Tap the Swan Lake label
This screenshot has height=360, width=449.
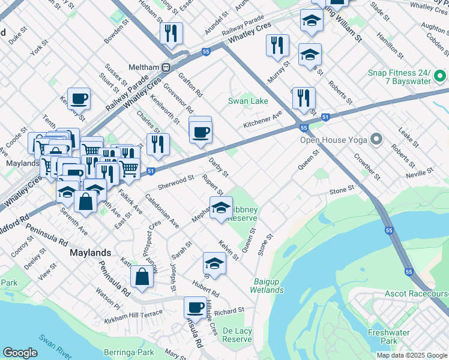pos(248,101)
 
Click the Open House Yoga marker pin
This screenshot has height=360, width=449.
pos(376,140)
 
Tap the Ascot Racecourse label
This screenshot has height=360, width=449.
pos(417,295)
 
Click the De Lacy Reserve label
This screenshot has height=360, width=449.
pos(237,335)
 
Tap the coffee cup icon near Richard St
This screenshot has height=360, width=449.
pos(195,307)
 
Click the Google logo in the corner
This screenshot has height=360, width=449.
pos(20,353)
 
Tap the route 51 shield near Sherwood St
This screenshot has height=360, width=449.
pos(151,171)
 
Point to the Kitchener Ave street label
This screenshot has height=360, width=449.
pos(262,119)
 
